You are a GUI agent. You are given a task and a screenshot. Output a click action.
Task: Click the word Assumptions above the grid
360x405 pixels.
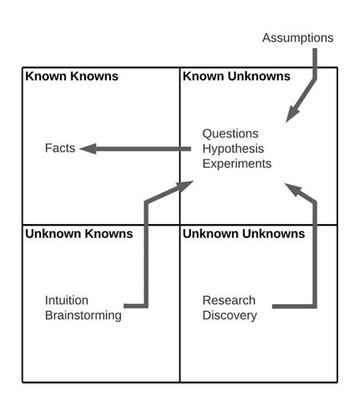coord(298,37)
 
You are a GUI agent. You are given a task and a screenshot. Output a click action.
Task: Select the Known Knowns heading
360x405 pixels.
coord(72,76)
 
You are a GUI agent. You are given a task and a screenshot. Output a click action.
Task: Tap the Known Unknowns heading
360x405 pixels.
coord(236,76)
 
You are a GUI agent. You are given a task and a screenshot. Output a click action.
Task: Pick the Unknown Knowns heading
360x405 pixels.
coord(79,233)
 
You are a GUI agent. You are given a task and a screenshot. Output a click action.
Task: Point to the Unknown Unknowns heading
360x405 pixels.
coord(243,233)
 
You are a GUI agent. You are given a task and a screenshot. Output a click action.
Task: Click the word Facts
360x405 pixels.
coord(60,148)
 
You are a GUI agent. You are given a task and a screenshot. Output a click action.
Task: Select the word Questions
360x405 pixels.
coord(230,133)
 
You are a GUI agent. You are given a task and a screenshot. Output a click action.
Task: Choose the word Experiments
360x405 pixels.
coord(236,163)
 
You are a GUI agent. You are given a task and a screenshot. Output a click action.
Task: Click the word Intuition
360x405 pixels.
coord(66,299)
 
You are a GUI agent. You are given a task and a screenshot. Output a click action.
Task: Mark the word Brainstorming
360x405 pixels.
coord(83,315)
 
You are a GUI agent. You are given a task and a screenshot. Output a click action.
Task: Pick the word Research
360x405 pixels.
coord(229,299)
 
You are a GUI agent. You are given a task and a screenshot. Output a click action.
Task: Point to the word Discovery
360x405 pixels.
coord(229,315)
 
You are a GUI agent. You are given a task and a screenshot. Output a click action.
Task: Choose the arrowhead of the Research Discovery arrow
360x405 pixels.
coord(292,187)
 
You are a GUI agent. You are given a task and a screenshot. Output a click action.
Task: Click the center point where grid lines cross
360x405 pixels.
coord(180,224)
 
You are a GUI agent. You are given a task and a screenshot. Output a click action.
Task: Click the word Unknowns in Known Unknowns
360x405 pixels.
coord(263,76)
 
